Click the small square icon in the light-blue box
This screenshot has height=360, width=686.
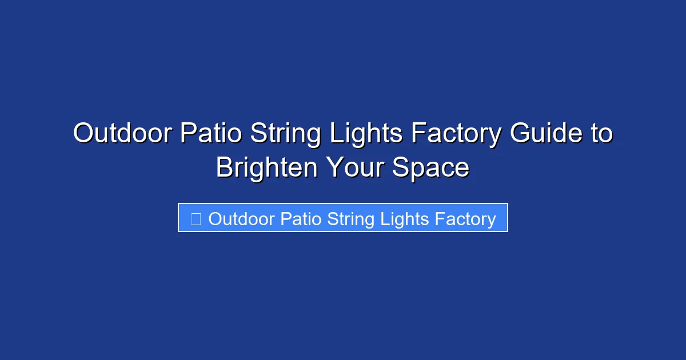[196, 219]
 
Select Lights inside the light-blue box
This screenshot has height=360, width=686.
[406, 219]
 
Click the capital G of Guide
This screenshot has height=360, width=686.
[521, 134]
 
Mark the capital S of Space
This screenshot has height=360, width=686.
[401, 168]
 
